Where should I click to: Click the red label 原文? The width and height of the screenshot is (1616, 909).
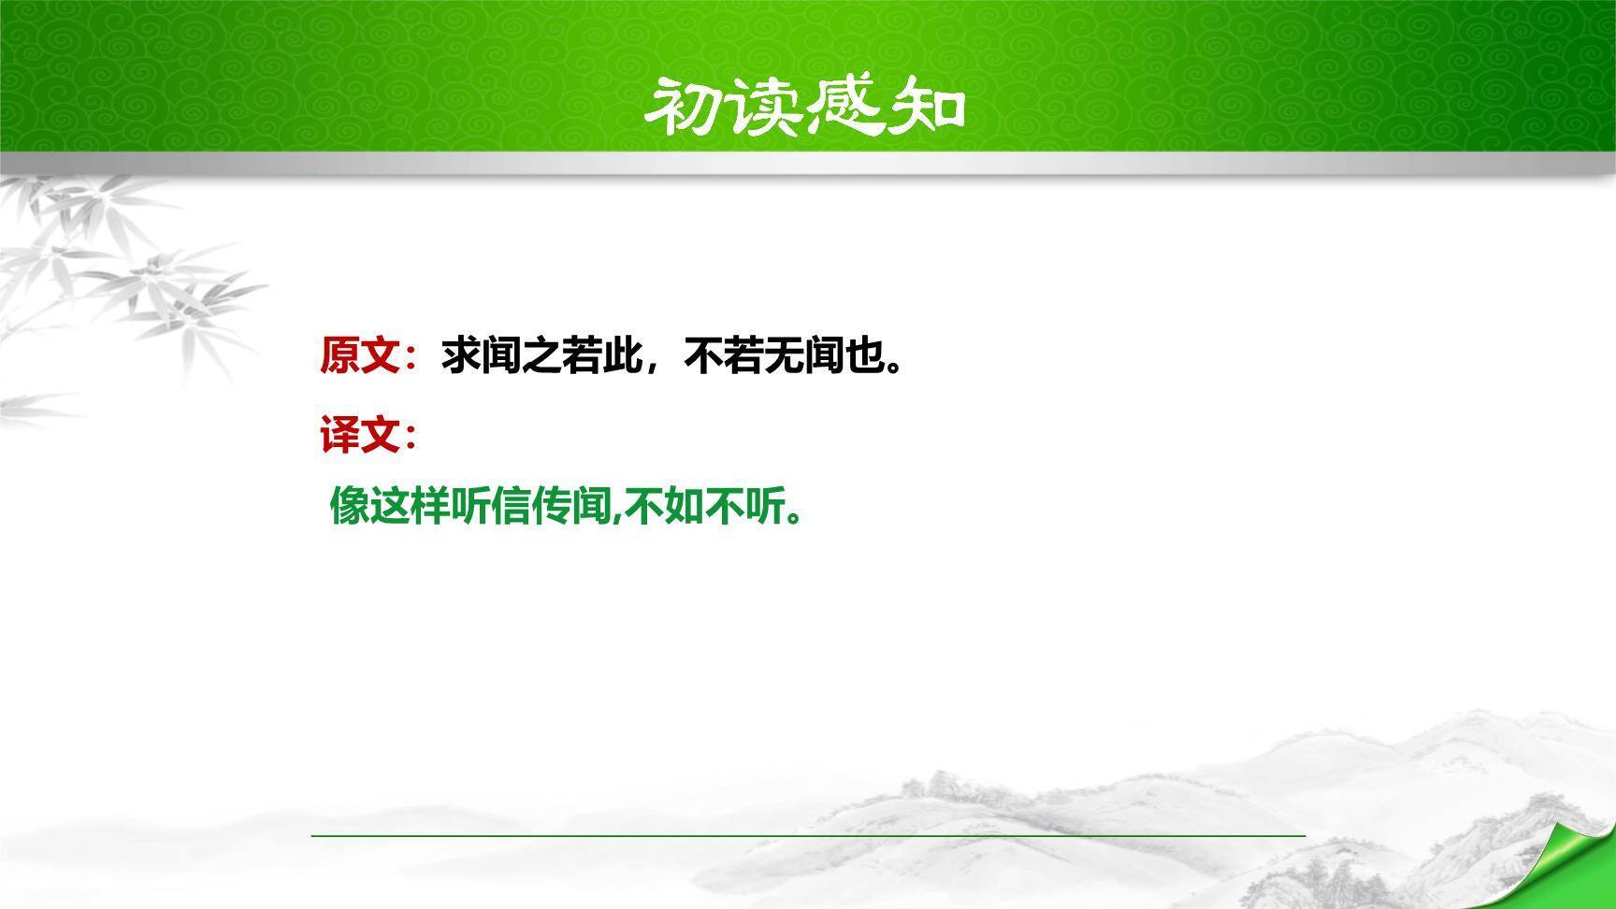point(360,356)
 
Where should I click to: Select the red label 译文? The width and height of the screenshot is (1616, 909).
point(360,435)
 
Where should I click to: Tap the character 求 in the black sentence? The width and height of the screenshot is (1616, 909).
point(461,356)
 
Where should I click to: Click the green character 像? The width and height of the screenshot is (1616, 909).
point(350,507)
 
